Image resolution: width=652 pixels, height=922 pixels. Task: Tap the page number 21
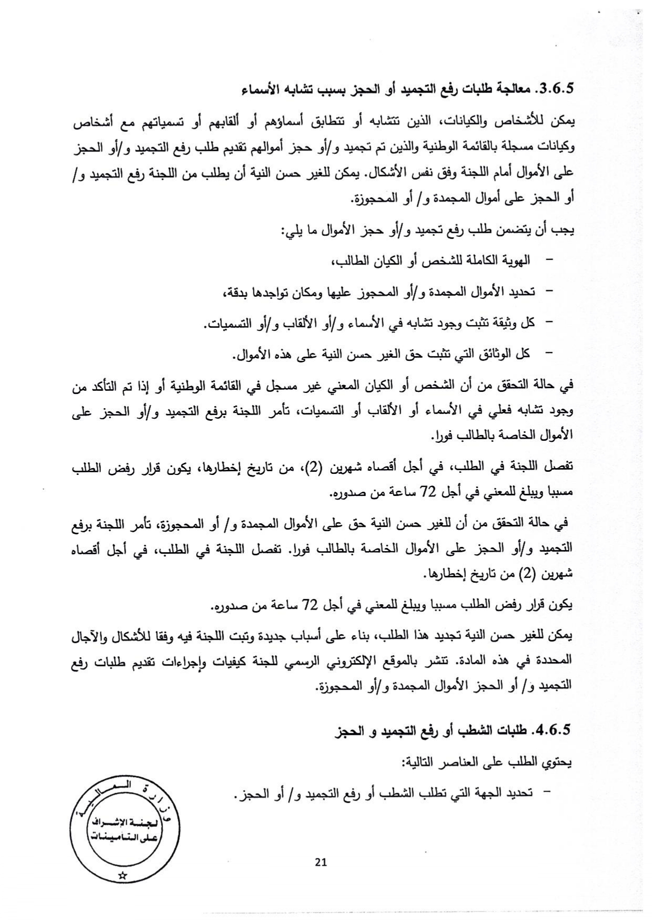(321, 862)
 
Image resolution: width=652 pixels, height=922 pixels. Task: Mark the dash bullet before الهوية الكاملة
(550, 261)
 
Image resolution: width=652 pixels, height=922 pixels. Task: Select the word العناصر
(453, 762)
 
